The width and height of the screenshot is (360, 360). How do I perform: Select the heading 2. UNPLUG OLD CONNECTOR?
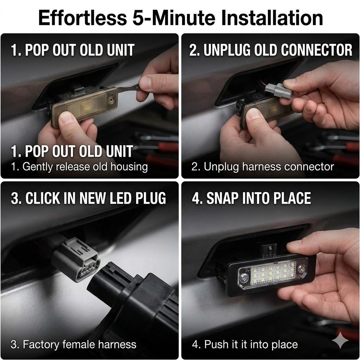271,50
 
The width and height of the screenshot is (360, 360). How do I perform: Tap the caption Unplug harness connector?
262,166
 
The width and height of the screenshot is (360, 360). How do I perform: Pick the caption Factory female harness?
73,344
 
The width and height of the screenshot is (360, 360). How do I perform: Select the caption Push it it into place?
245,344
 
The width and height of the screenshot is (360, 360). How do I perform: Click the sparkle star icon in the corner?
340,340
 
